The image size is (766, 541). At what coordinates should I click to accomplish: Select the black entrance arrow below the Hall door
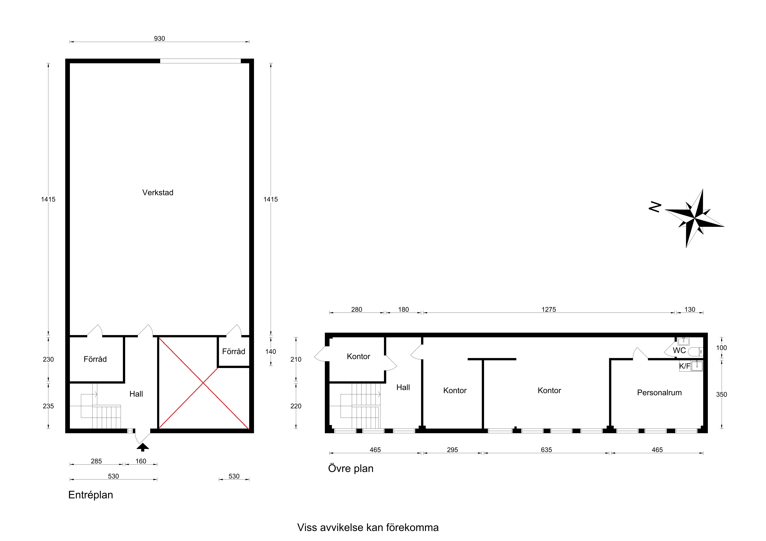click(143, 447)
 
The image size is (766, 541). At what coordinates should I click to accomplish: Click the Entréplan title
click(91, 495)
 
